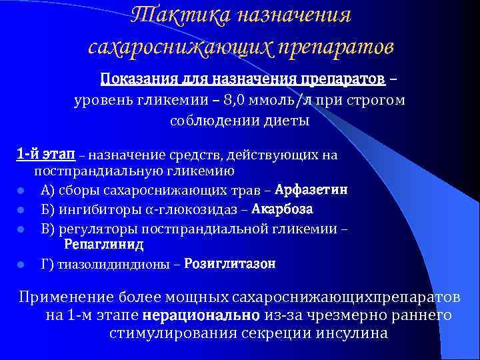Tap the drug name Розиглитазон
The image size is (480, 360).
coord(230,264)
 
